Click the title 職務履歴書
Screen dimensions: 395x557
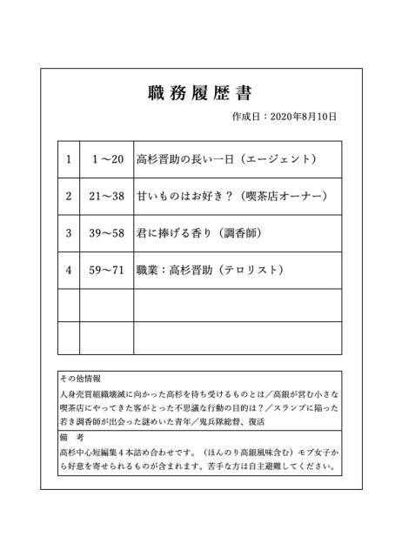[197, 93]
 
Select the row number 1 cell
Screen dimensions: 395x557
[68, 159]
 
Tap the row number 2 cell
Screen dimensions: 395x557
[68, 197]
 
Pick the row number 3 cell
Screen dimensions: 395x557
[68, 233]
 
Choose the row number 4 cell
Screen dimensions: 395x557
[68, 271]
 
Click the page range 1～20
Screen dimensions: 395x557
[107, 159]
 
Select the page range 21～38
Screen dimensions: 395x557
[107, 197]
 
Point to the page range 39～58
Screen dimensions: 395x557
[107, 233]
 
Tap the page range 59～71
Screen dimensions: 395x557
[107, 271]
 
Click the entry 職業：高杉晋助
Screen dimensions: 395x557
[179, 271]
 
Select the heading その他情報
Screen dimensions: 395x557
[80, 379]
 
